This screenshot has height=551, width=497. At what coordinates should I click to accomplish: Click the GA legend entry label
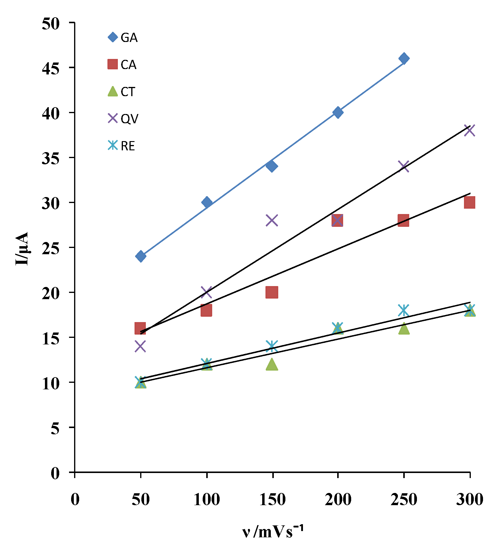coord(129,38)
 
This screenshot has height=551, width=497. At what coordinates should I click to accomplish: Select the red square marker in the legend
coord(112,64)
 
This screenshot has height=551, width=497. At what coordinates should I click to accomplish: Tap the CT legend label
coord(128,92)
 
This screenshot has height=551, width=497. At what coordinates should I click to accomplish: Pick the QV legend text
coord(129,119)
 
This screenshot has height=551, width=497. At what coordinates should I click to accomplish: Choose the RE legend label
coord(128,146)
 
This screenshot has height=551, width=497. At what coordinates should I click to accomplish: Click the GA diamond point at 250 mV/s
coord(404,58)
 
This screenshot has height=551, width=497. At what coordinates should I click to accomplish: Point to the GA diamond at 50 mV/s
coord(140,256)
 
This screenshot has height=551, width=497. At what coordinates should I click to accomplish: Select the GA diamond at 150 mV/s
coord(272,166)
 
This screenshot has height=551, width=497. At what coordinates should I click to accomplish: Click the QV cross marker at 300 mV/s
coord(469,130)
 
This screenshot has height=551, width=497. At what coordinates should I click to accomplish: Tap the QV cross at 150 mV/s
coord(272,220)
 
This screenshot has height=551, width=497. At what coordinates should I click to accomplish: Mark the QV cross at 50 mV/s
coord(140,346)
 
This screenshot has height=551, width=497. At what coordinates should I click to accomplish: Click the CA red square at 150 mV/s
coord(272,292)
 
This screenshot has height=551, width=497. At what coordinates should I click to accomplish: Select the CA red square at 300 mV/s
coord(469,202)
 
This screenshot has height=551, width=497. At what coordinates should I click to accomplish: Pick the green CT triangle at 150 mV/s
coord(272,364)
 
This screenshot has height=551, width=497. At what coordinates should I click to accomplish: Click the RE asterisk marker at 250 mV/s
coord(404,310)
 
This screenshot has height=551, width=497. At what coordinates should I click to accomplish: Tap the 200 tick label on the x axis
coord(338,499)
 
